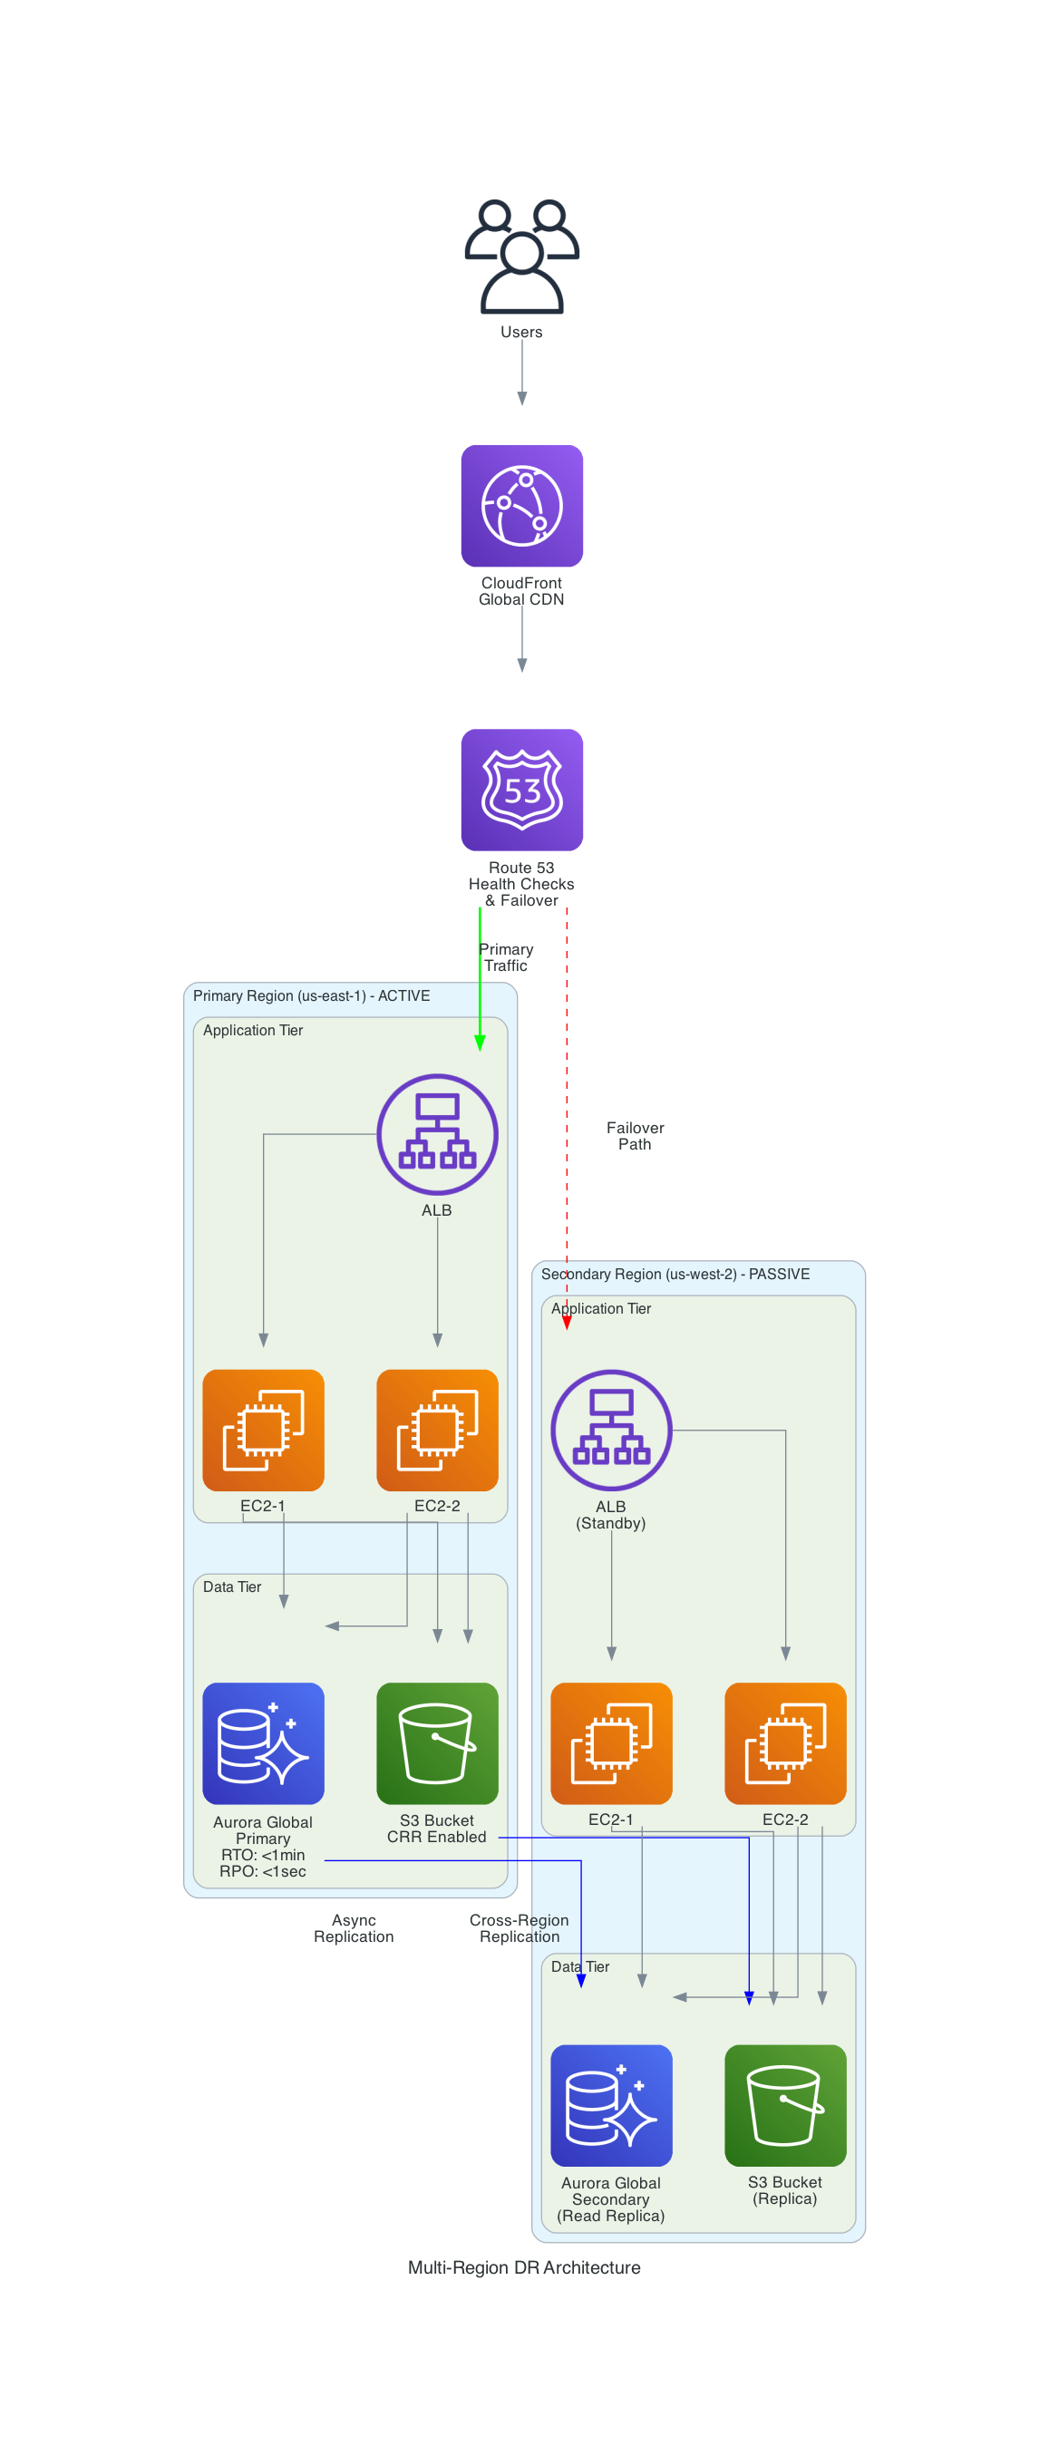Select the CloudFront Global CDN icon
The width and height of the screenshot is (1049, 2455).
[521, 505]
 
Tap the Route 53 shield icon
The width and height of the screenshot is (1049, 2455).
[521, 789]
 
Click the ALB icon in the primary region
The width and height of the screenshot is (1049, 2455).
[436, 1133]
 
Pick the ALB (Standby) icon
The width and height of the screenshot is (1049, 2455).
[611, 1430]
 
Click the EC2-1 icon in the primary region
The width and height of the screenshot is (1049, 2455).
[263, 1430]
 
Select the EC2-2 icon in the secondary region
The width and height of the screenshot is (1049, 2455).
[784, 1742]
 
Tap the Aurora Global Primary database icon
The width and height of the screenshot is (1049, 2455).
[263, 1742]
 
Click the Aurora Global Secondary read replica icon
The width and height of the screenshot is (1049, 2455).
[611, 2104]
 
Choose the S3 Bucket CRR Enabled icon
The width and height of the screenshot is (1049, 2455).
[436, 1742]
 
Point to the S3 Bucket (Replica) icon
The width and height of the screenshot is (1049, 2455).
[784, 2104]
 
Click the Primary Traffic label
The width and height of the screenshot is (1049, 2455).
[506, 956]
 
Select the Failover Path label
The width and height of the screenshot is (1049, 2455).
[635, 1135]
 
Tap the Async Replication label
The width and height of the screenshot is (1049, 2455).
[354, 1928]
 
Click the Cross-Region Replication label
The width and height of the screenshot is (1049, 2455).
[520, 1928]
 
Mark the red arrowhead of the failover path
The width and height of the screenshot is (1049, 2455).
[567, 1322]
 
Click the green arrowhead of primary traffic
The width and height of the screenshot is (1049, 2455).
[480, 1043]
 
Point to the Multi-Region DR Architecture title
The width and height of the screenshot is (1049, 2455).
[524, 2267]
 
